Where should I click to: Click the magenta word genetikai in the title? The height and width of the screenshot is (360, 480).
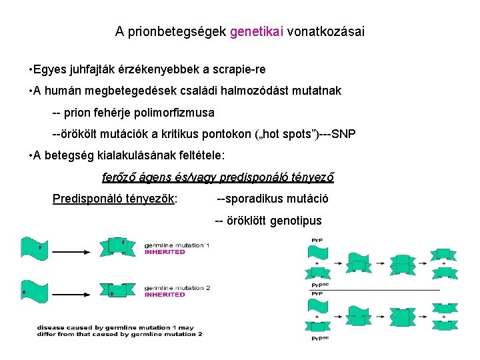pyautogui.click(x=257, y=31)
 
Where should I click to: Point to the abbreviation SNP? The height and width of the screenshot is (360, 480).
pyautogui.click(x=343, y=134)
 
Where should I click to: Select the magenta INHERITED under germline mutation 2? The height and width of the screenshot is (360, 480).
pyautogui.click(x=165, y=294)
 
